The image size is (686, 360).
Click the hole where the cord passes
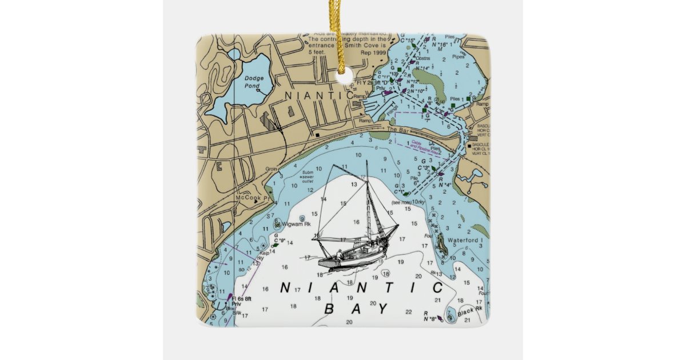tap(343, 70)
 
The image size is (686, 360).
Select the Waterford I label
tap(466, 240)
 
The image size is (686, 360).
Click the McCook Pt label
tap(254, 198)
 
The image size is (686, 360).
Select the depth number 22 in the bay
tap(408, 312)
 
